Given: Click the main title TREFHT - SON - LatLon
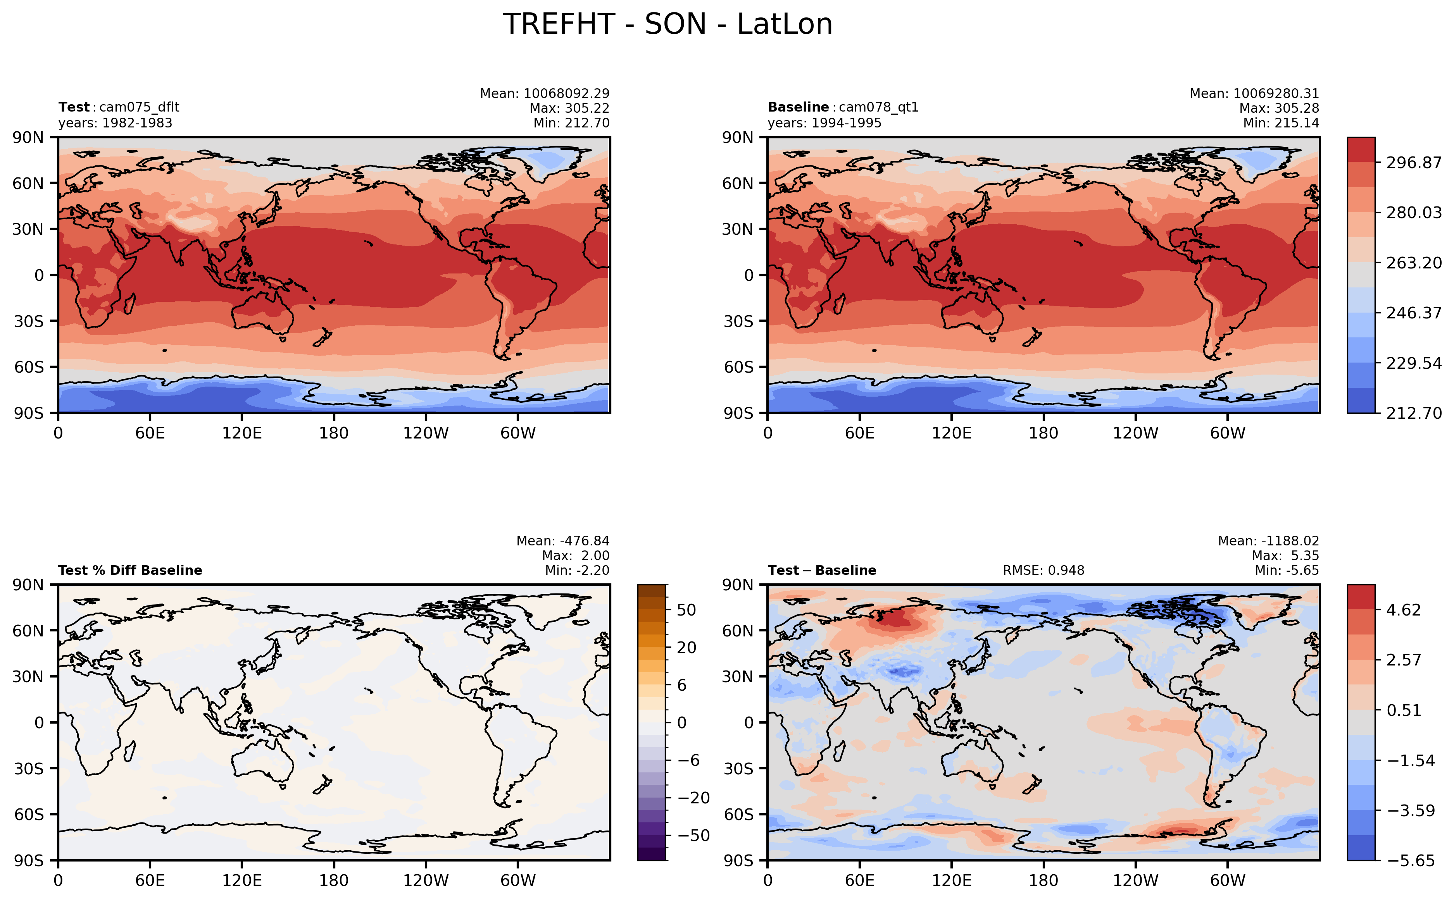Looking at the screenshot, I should point(667,24).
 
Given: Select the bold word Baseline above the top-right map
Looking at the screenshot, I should point(798,107).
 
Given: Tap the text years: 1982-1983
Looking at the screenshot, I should point(115,123).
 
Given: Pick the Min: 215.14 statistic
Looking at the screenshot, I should point(1280,123).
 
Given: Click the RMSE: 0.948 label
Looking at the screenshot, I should point(1043,570).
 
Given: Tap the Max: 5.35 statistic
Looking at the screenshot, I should point(1285,555).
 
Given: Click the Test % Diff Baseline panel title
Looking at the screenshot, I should point(130,570).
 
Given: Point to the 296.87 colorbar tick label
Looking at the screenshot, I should point(1413,163).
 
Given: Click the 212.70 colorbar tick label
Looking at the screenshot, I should point(1413,413).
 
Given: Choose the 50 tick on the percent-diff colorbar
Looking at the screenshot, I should point(686,610).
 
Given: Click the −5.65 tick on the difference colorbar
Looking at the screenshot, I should point(1411,860).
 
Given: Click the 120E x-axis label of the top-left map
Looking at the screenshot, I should point(241,433).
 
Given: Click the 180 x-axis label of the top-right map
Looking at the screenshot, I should point(1043,433).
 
